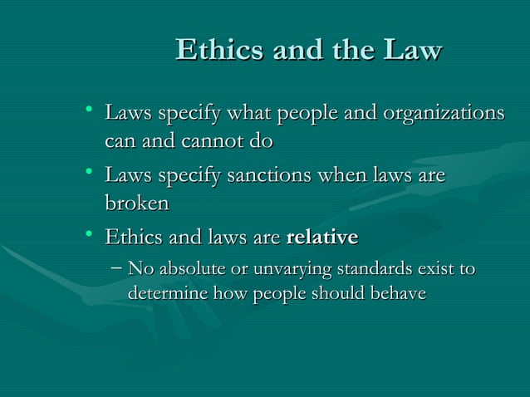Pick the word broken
pyautogui.click(x=136, y=203)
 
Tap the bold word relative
pyautogui.click(x=321, y=238)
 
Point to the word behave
pyautogui.click(x=398, y=294)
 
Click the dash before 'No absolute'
pyautogui.click(x=117, y=269)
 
